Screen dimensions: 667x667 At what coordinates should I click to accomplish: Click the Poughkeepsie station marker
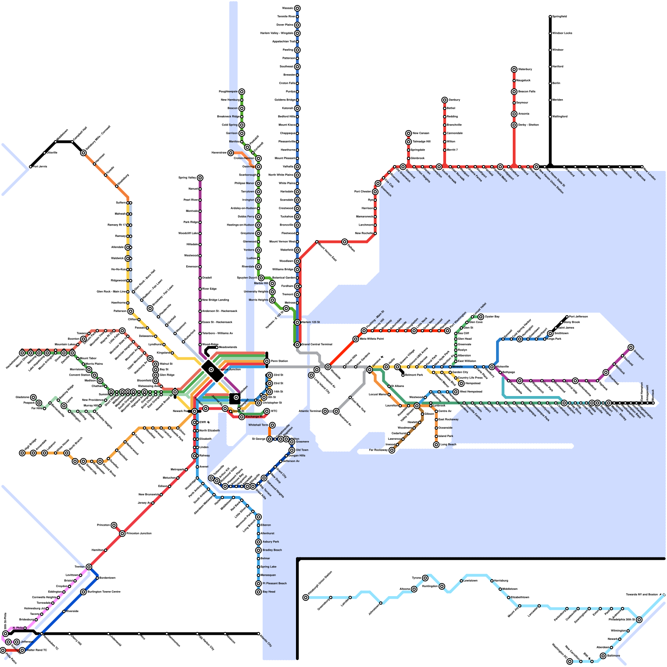pyautogui.click(x=242, y=92)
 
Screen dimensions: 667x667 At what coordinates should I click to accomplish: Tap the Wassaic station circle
pyautogui.click(x=297, y=8)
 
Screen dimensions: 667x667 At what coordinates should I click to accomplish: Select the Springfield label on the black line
pyautogui.click(x=559, y=17)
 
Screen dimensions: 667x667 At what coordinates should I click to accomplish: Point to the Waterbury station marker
pyautogui.click(x=514, y=70)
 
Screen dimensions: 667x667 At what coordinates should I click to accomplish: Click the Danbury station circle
pyautogui.click(x=445, y=100)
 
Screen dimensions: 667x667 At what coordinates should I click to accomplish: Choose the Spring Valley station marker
pyautogui.click(x=200, y=178)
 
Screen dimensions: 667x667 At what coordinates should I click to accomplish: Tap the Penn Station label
pyautogui.click(x=279, y=361)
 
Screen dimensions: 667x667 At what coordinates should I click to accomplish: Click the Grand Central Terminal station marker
pyautogui.click(x=297, y=345)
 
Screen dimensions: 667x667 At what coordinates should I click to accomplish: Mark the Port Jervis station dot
pyautogui.click(x=30, y=167)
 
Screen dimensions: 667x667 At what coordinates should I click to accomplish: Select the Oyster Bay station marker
pyautogui.click(x=481, y=317)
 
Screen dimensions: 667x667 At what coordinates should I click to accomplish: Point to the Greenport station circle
pyautogui.click(x=631, y=348)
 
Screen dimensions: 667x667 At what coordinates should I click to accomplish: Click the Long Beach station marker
pyautogui.click(x=436, y=445)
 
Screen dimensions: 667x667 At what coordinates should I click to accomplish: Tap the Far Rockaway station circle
pyautogui.click(x=392, y=450)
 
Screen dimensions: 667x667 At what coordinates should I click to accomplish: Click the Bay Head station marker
pyautogui.click(x=258, y=592)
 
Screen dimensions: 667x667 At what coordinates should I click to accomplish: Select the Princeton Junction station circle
pyautogui.click(x=122, y=534)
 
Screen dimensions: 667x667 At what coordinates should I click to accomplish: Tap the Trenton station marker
pyautogui.click(x=89, y=567)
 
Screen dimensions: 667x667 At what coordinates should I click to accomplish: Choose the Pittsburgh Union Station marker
pyautogui.click(x=306, y=597)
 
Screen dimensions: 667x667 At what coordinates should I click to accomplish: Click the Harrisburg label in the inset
pyautogui.click(x=501, y=581)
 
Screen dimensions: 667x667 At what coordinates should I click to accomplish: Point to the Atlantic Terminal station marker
pyautogui.click(x=325, y=411)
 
